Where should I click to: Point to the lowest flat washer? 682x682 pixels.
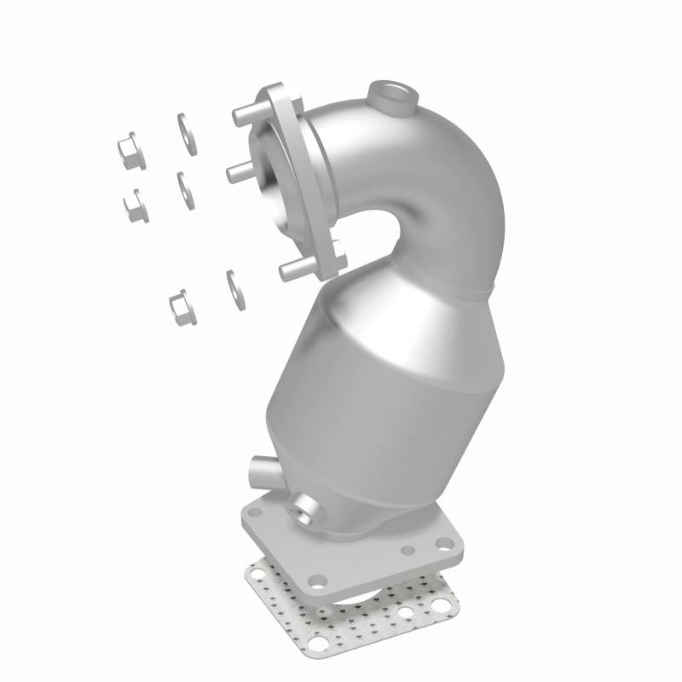(x=232, y=288)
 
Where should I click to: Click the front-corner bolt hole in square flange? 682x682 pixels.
(x=318, y=581)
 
